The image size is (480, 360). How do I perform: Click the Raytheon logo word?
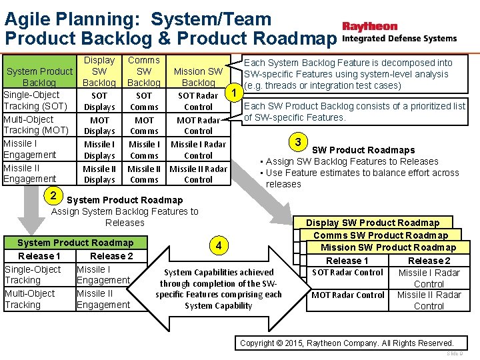pos(369,27)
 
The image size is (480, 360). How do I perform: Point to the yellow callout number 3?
pos(299,142)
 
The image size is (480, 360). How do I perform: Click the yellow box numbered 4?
pos(219,245)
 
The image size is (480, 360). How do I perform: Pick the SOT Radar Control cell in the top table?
pos(198,101)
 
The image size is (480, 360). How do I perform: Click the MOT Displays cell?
pos(99,125)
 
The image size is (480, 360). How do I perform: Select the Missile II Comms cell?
pos(144,174)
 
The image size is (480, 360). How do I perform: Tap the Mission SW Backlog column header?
pos(198,77)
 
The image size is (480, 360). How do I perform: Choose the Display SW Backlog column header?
pos(99,71)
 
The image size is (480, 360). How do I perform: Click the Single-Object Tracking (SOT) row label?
pos(35,101)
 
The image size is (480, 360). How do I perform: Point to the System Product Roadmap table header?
pos(75,243)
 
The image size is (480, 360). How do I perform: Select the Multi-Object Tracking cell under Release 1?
pos(30,299)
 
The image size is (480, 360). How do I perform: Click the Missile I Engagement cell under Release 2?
pos(103,275)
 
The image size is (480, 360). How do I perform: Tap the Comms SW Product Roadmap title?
pos(380,235)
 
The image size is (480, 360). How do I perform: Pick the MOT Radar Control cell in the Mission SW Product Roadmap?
pos(347,295)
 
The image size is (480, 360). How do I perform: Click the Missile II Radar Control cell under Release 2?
pos(429,301)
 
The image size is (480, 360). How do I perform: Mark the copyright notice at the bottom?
pos(347,343)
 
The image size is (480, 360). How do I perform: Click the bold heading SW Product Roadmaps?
pos(363,150)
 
